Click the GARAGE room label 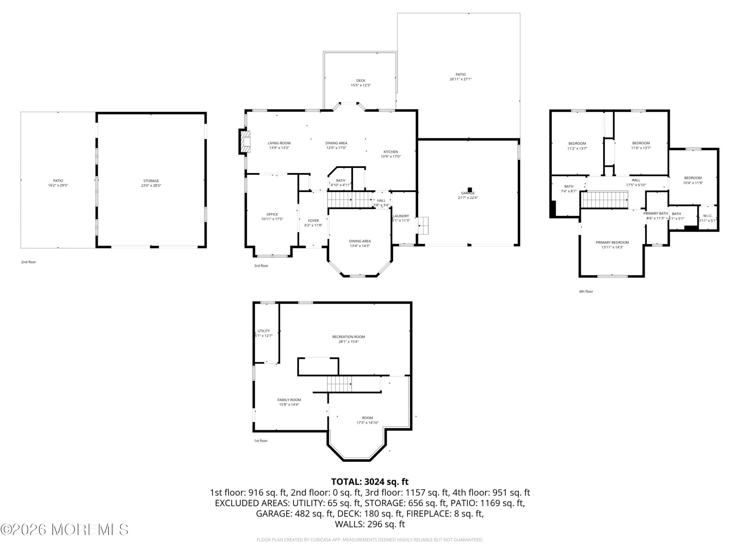pyautogui.click(x=468, y=193)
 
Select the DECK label pyautogui.click(x=361, y=81)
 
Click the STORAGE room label pyautogui.click(x=151, y=181)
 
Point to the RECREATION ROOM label pyautogui.click(x=348, y=337)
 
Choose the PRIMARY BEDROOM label pyautogui.click(x=612, y=243)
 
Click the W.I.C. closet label pyautogui.click(x=708, y=216)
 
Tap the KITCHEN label pyautogui.click(x=391, y=152)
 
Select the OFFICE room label pyautogui.click(x=272, y=214)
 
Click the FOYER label pyautogui.click(x=313, y=221)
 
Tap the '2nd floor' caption pyautogui.click(x=28, y=262)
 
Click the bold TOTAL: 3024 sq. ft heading pyautogui.click(x=370, y=482)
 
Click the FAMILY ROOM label pyautogui.click(x=289, y=400)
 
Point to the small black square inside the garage pyautogui.click(x=470, y=190)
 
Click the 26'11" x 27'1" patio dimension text pyautogui.click(x=461, y=79)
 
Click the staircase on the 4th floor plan pyautogui.click(x=605, y=199)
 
